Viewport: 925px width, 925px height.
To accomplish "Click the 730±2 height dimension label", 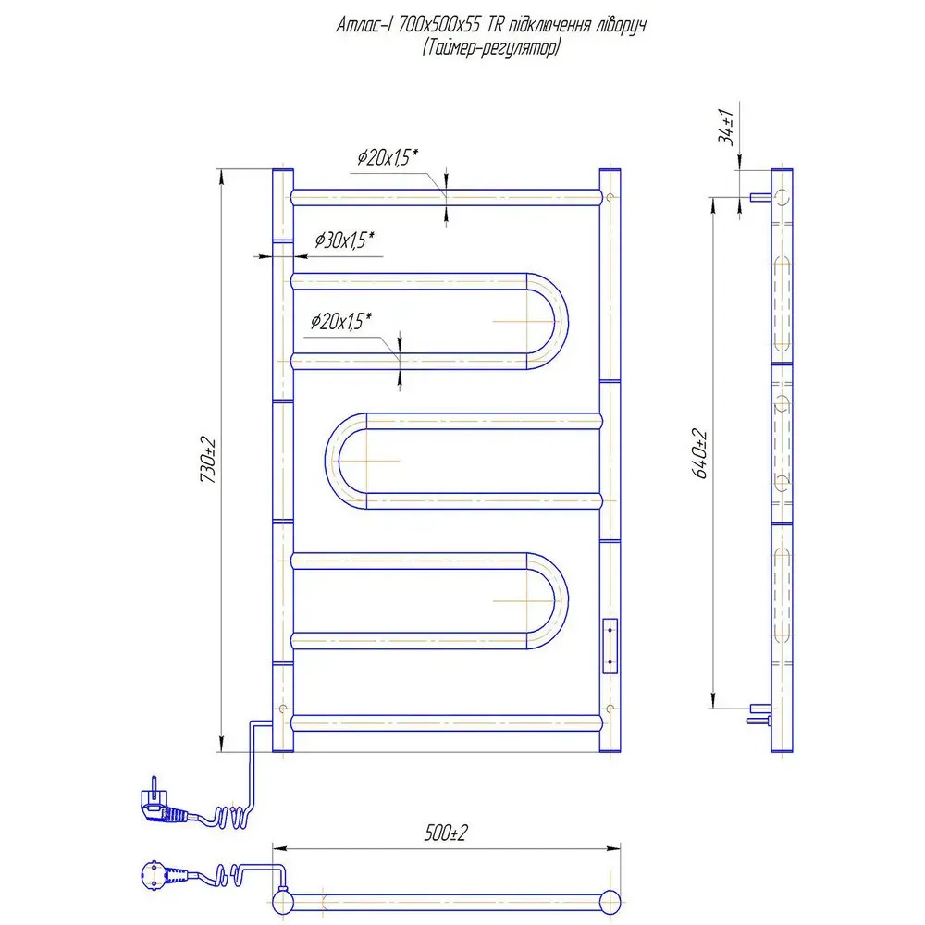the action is (x=208, y=460).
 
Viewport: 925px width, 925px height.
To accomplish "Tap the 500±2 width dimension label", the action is (x=446, y=832).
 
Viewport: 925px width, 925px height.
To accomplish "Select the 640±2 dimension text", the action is (x=700, y=453).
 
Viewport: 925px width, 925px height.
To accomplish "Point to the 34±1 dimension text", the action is (x=726, y=126).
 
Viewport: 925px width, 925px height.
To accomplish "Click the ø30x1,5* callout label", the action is (x=344, y=240).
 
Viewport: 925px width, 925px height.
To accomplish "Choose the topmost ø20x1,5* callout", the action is (x=388, y=157).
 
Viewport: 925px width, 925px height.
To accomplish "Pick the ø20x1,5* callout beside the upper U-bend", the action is (x=341, y=321).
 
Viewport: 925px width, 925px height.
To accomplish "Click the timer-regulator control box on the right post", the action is (x=610, y=646).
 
